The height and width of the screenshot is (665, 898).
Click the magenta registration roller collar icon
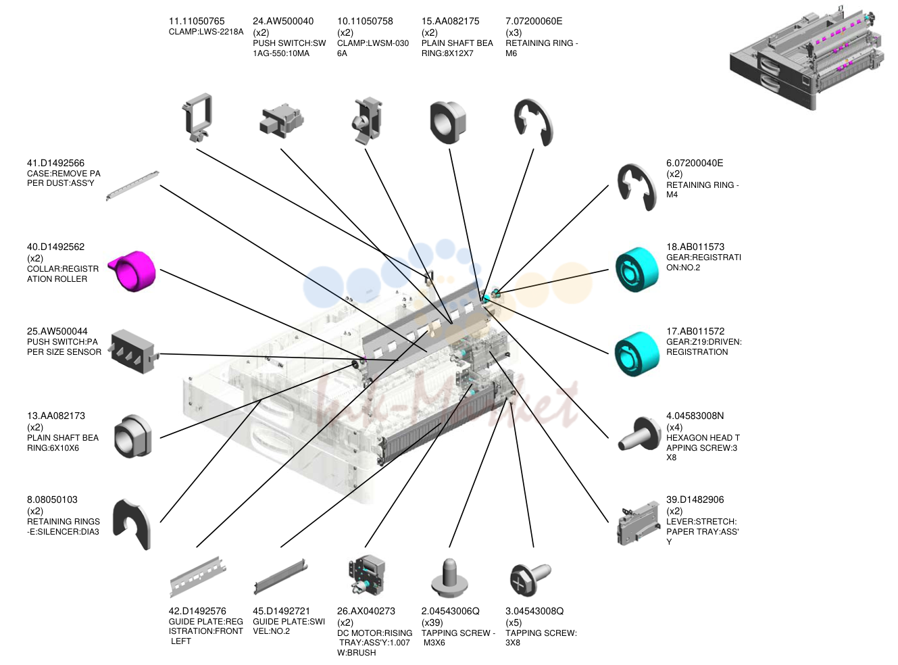(x=132, y=270)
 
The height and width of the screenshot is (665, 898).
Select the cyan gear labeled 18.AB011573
(x=637, y=270)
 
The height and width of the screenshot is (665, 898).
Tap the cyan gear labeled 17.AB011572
(x=637, y=354)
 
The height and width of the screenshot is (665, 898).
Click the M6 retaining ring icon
(x=534, y=122)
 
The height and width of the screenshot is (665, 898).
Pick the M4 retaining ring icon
(x=637, y=187)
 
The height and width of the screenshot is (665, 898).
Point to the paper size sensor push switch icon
(x=133, y=351)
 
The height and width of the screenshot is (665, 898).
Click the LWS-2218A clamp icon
(x=198, y=118)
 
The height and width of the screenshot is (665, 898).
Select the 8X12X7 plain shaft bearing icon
(x=448, y=122)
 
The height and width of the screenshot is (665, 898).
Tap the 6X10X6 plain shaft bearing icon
(x=132, y=436)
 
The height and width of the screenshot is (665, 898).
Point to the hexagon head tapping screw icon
(x=639, y=435)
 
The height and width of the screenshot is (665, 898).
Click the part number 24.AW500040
(x=283, y=21)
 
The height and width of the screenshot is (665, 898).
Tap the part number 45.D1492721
(x=281, y=611)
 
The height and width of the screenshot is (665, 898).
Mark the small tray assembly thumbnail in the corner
(x=807, y=57)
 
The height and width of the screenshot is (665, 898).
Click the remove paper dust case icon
(x=132, y=185)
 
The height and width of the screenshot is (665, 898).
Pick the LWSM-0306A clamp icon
(x=367, y=120)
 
